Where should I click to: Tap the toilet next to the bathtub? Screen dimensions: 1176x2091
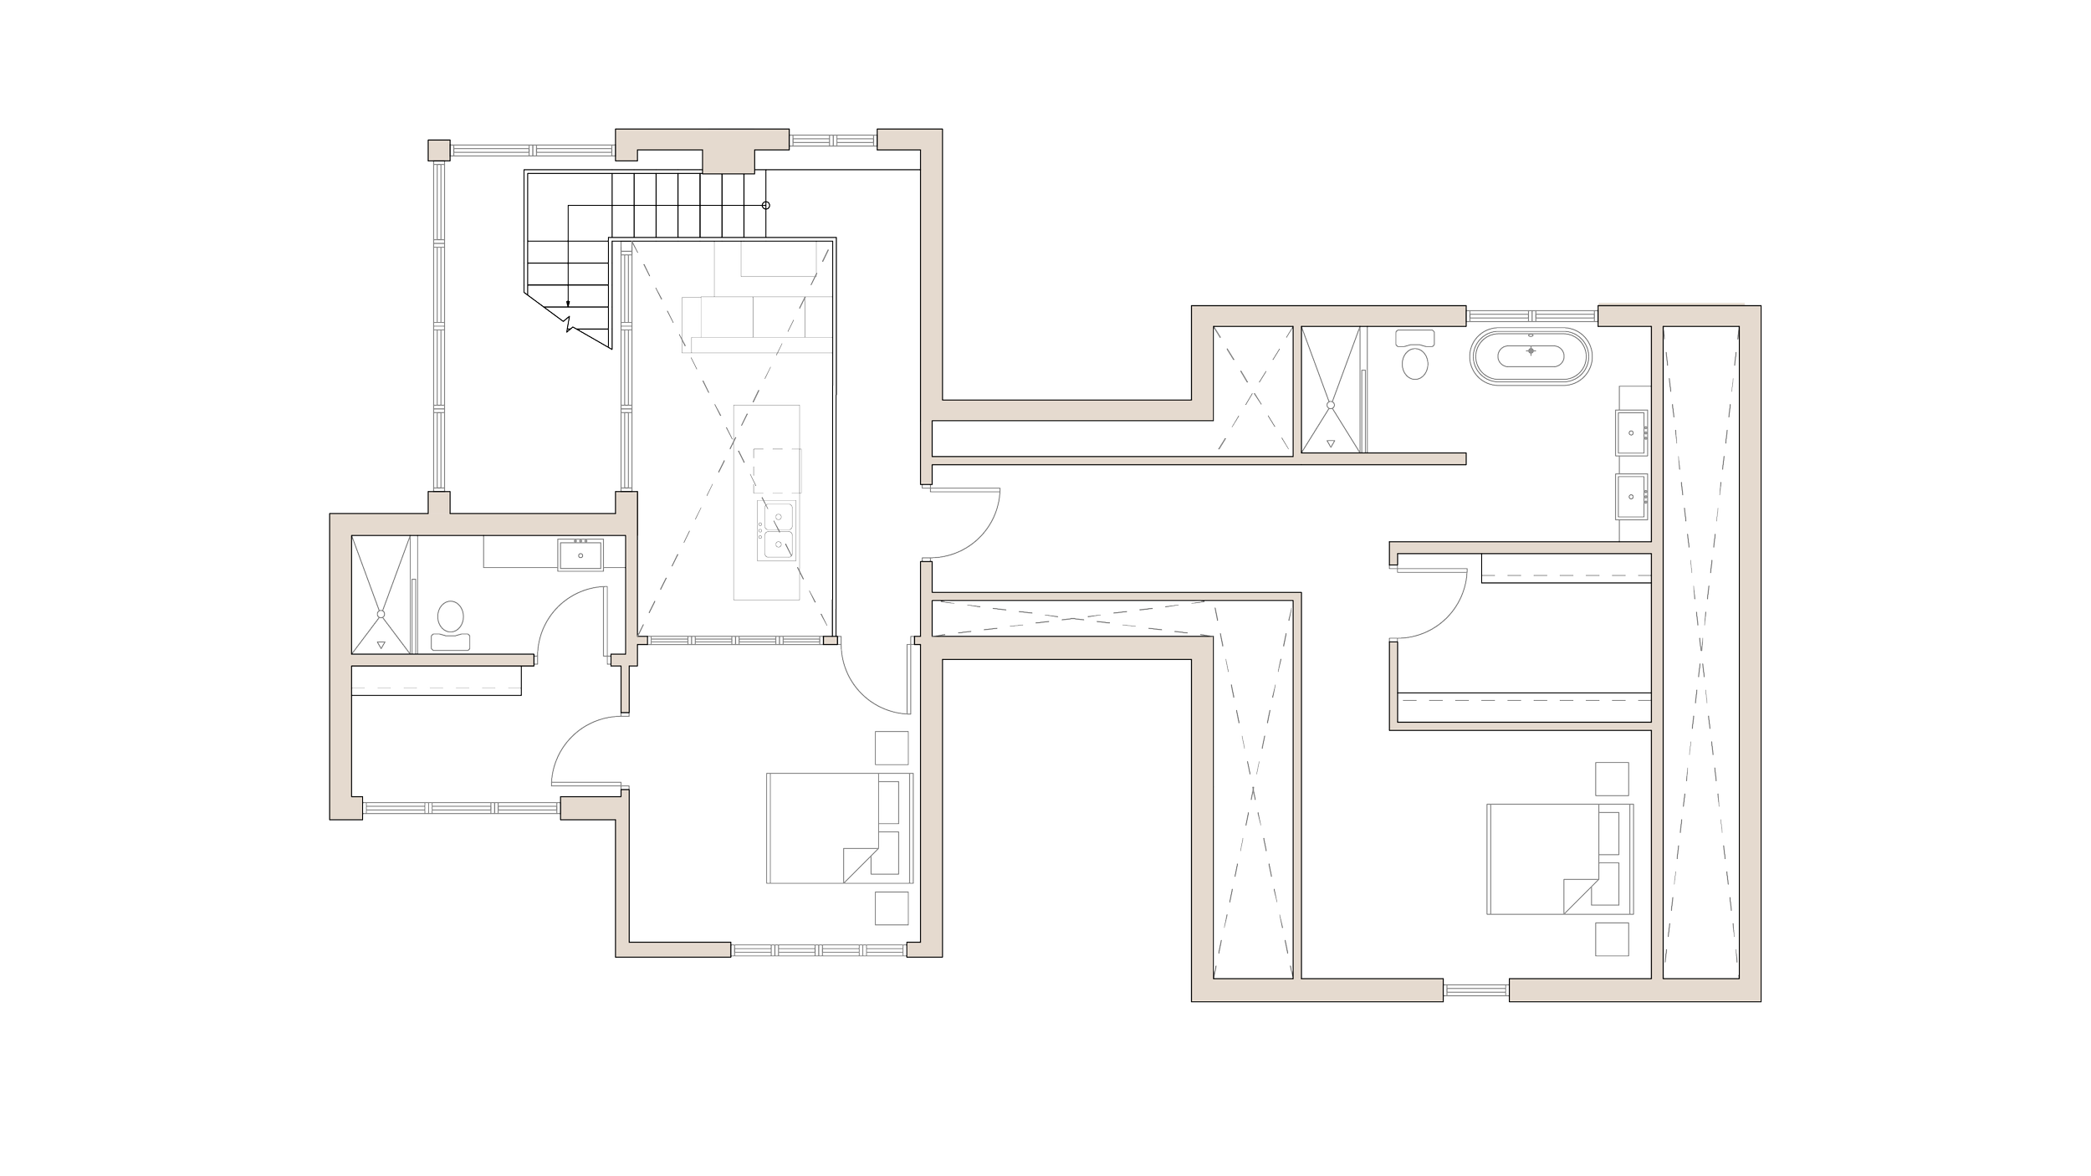pos(1414,355)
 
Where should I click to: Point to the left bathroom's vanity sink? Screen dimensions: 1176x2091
pos(580,555)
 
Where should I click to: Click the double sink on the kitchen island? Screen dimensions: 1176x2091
pos(777,529)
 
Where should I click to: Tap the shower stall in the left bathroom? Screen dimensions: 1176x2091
pos(382,595)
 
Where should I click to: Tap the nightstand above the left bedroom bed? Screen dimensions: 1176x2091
pos(890,747)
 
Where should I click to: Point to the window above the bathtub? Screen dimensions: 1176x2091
pos(1531,315)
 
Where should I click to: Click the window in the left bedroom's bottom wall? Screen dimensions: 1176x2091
pos(820,951)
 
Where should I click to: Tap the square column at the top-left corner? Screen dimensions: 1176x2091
pos(437,150)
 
